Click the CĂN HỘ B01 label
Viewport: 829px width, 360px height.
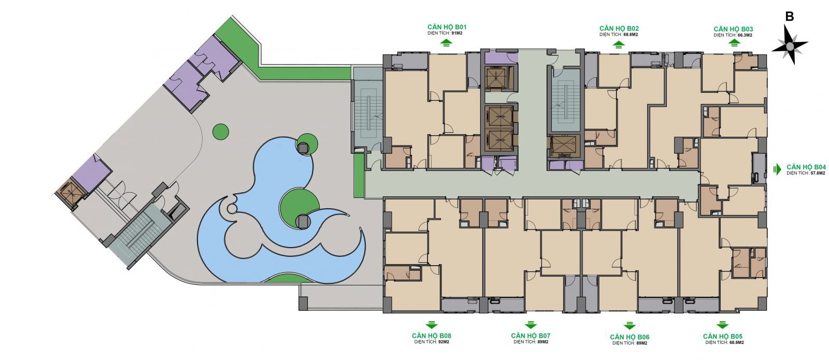click(447, 27)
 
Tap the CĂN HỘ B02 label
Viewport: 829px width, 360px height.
click(619, 28)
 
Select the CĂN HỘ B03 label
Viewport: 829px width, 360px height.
click(733, 29)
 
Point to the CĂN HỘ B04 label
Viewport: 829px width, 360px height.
click(806, 167)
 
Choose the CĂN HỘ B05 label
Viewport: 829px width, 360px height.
click(723, 336)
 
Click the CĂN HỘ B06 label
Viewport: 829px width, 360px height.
click(630, 337)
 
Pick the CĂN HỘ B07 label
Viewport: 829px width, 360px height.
click(531, 336)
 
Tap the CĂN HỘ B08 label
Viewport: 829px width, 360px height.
click(432, 336)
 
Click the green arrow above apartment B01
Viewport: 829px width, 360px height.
click(446, 44)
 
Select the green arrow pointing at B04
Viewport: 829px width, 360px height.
click(777, 169)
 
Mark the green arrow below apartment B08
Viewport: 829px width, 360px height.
click(432, 325)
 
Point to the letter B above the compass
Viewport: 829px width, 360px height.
click(790, 17)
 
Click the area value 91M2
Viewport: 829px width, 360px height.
click(456, 33)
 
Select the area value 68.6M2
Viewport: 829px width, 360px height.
click(737, 342)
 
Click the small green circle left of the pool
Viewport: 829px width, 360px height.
click(221, 132)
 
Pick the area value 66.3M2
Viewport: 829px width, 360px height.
click(745, 36)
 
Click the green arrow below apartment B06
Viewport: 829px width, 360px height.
click(629, 326)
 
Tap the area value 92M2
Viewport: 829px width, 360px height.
click(444, 342)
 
